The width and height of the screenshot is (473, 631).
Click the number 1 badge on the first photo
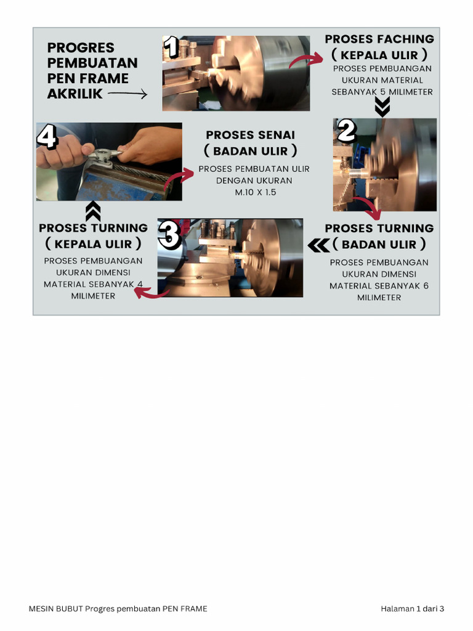tap(171, 47)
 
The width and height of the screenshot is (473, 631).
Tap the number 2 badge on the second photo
tap(347, 131)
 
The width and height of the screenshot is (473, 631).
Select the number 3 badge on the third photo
tap(169, 234)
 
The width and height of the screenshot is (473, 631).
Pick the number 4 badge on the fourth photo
tap(47, 136)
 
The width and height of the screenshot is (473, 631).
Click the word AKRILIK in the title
tap(75, 94)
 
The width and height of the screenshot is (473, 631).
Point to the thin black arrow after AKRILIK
tap(127, 94)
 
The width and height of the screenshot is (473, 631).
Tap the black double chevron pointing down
tap(382, 107)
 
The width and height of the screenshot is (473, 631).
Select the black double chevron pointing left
tap(318, 245)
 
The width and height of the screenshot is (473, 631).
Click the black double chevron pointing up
tap(93, 211)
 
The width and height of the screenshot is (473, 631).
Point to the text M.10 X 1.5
tap(256, 192)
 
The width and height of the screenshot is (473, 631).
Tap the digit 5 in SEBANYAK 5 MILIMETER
tap(383, 92)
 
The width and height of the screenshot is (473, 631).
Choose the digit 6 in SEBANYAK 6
tap(426, 286)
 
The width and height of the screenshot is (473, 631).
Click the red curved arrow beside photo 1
tap(305, 60)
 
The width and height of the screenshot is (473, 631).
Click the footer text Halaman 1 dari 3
tap(412, 609)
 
